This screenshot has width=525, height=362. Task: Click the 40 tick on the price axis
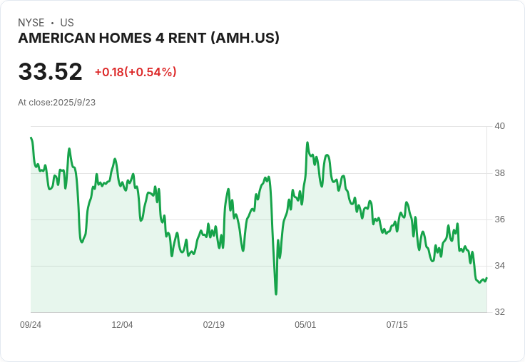499,126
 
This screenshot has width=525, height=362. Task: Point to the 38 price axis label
499,173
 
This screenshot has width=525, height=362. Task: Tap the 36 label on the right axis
499,219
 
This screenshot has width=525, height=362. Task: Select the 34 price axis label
499,266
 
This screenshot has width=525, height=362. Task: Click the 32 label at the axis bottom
499,312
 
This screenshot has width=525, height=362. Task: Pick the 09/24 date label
31,324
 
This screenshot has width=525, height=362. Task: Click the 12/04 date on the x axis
122,324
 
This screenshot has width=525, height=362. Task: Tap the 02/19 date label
213,324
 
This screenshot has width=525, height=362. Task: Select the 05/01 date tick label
305,324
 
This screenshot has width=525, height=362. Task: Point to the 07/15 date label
397,324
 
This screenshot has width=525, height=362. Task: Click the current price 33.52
50,71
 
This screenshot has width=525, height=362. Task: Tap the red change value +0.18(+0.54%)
136,72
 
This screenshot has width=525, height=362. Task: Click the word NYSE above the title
31,23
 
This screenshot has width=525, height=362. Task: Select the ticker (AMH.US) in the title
245,38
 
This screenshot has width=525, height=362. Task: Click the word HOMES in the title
125,38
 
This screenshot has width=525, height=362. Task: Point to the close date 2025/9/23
74,103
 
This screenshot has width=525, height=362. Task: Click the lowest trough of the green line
276,294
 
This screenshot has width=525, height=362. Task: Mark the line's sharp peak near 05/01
307,143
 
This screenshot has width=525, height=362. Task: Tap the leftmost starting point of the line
31,138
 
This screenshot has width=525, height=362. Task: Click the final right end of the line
486,278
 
